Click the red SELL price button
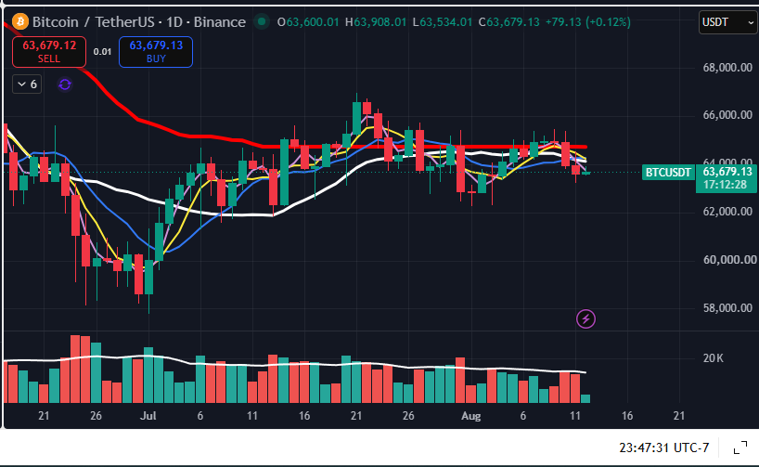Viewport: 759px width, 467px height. tap(49, 52)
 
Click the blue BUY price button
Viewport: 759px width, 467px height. tap(156, 52)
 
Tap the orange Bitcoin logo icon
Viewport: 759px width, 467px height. tap(20, 21)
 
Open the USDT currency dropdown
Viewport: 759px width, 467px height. tap(728, 22)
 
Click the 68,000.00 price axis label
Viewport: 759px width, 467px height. tap(727, 68)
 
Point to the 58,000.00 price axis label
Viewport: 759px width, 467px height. tap(727, 308)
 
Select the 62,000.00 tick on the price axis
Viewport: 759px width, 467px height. tap(727, 212)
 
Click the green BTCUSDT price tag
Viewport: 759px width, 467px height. tap(668, 172)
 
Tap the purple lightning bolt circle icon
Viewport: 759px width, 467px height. tap(585, 318)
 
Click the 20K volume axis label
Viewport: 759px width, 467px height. tap(713, 358)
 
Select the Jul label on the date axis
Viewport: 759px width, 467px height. tap(148, 416)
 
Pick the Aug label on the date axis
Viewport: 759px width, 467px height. tap(471, 416)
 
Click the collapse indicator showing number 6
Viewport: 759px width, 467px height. tap(27, 84)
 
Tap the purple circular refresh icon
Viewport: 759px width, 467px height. tap(65, 84)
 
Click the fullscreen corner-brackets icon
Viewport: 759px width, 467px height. tap(740, 448)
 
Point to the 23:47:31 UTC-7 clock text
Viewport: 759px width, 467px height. tap(664, 448)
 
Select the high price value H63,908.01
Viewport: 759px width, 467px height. tap(376, 21)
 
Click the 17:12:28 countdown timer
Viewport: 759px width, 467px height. tap(725, 185)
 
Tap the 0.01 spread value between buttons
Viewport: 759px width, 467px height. tap(103, 52)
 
